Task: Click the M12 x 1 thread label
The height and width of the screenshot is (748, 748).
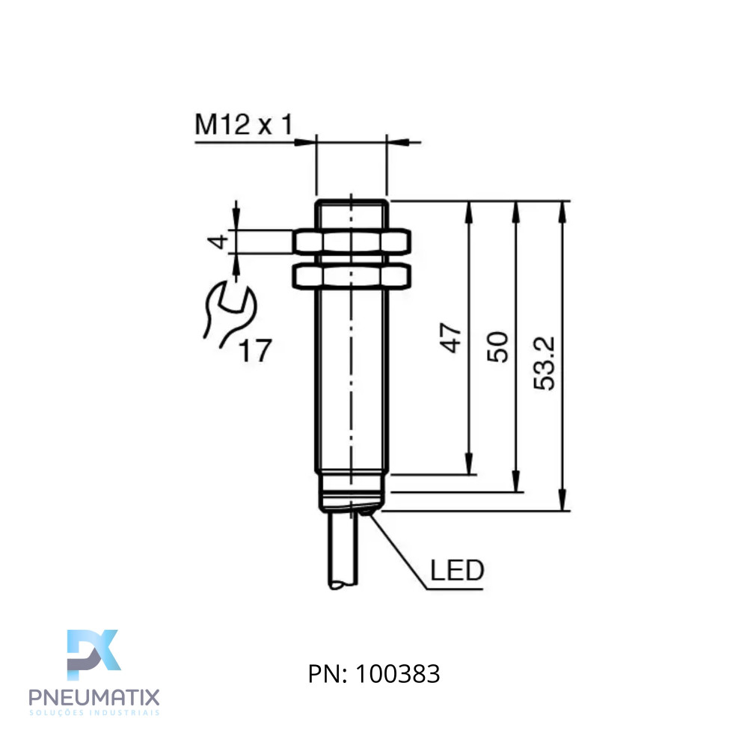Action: pyautogui.click(x=244, y=124)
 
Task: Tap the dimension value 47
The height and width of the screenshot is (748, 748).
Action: pyautogui.click(x=450, y=338)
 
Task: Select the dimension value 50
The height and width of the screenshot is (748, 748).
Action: pyautogui.click(x=497, y=347)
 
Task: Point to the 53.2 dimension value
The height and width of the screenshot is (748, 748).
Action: pyautogui.click(x=545, y=363)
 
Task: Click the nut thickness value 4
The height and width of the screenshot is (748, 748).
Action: pyautogui.click(x=218, y=242)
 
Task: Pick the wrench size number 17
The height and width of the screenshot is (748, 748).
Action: pyautogui.click(x=255, y=350)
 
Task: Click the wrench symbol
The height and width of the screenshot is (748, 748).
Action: pyautogui.click(x=230, y=313)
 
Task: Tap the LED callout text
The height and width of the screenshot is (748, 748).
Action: pyautogui.click(x=457, y=570)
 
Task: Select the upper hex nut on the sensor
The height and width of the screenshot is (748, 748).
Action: pyautogui.click(x=352, y=242)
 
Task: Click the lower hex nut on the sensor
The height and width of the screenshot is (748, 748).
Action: pyautogui.click(x=352, y=276)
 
